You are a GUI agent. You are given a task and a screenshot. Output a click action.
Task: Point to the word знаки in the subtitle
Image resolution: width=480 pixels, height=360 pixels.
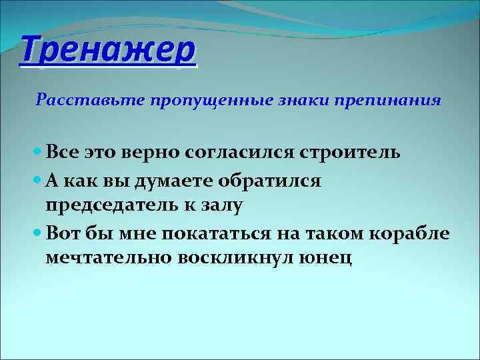pyautogui.click(x=292, y=101)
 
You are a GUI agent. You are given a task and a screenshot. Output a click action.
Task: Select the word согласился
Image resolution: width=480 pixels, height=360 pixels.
pyautogui.click(x=248, y=153)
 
